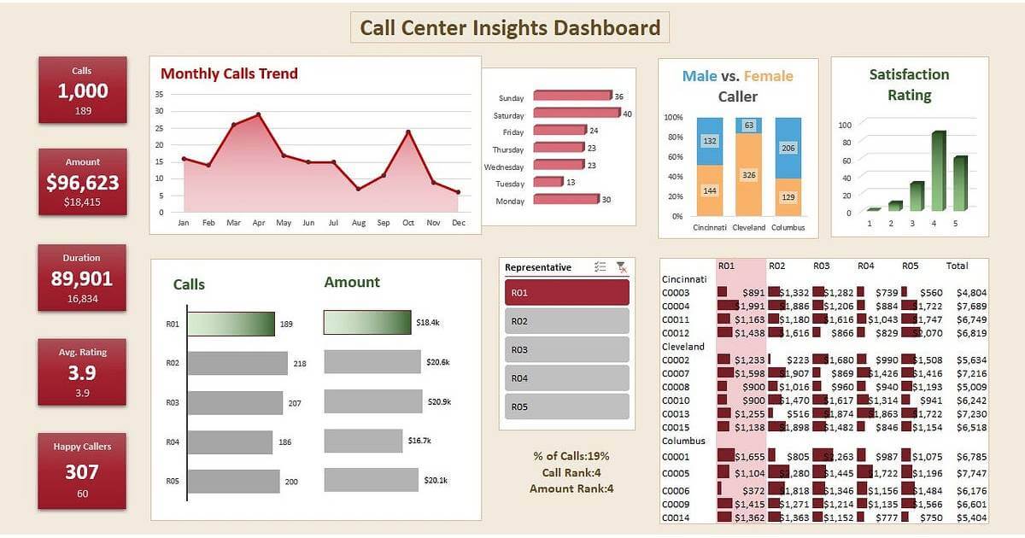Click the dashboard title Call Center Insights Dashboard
click(x=510, y=27)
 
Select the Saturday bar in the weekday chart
click(x=577, y=114)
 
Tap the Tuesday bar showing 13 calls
click(x=548, y=182)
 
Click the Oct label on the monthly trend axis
click(x=408, y=223)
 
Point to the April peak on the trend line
click(x=258, y=114)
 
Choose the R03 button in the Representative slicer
click(x=567, y=349)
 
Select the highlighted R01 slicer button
click(x=567, y=292)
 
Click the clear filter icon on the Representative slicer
click(x=621, y=267)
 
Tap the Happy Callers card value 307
click(x=82, y=471)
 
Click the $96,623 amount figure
click(x=82, y=182)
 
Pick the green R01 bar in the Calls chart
click(x=231, y=324)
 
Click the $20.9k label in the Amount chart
click(x=438, y=401)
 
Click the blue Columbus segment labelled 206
click(x=788, y=148)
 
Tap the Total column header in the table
click(x=957, y=266)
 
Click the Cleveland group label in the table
click(x=683, y=347)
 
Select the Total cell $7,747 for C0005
click(x=971, y=473)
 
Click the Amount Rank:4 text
click(x=571, y=488)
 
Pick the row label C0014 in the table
click(x=676, y=518)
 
